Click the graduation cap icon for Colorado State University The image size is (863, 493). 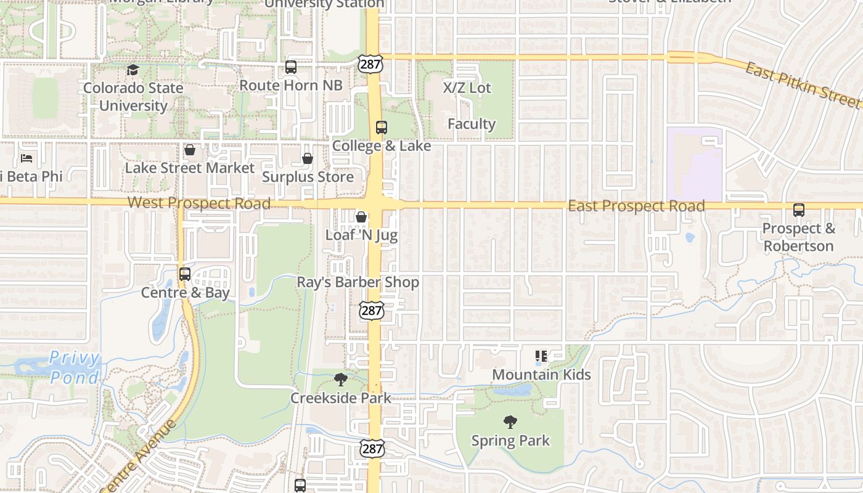(x=133, y=70)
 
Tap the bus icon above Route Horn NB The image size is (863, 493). (x=290, y=67)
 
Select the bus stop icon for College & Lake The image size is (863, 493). (x=381, y=128)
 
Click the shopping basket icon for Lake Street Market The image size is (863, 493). (x=190, y=150)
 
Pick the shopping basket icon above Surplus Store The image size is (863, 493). (x=308, y=158)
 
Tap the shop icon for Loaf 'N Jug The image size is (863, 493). (x=361, y=217)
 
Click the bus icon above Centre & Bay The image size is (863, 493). (x=184, y=274)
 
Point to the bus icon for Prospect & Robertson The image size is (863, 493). (x=799, y=210)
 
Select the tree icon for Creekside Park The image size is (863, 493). (x=340, y=380)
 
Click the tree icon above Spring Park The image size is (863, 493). (x=510, y=422)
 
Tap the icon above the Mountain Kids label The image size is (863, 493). (x=541, y=356)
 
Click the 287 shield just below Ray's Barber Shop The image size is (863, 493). (x=372, y=310)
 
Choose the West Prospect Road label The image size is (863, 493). (x=198, y=203)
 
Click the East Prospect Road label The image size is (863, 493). (x=636, y=206)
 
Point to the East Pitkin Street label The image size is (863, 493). (x=802, y=86)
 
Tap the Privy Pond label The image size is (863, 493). (x=74, y=367)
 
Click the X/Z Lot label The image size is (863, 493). (x=467, y=88)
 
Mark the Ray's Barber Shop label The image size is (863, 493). (x=358, y=282)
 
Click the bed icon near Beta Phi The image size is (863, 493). (x=27, y=158)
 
